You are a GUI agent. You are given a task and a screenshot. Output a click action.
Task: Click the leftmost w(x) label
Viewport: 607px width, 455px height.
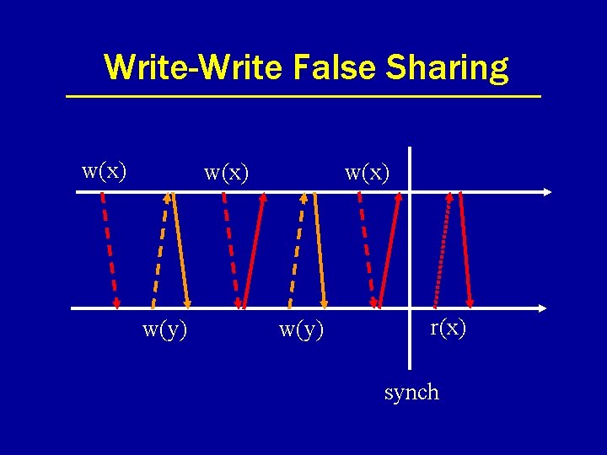pyautogui.click(x=105, y=171)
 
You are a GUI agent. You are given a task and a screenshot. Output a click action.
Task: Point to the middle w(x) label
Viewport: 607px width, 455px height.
pyautogui.click(x=227, y=173)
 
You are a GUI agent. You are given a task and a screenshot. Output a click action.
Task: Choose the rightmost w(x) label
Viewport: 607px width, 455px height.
pyautogui.click(x=368, y=173)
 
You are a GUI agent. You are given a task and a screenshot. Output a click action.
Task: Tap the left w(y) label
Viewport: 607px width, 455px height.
pyautogui.click(x=165, y=329)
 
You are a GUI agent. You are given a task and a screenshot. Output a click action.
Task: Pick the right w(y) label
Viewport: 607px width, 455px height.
pyautogui.click(x=302, y=329)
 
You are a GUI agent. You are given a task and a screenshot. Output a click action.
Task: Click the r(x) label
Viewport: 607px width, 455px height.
pyautogui.click(x=448, y=327)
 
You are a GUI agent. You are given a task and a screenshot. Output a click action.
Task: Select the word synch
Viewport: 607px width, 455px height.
pyautogui.click(x=411, y=392)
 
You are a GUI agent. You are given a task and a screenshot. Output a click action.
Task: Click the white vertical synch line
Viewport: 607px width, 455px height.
pyautogui.click(x=410, y=253)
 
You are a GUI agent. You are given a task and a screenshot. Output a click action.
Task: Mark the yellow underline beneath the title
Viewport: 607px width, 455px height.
pyautogui.click(x=303, y=97)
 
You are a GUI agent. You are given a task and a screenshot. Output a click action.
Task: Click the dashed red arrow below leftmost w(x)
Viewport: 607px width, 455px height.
pyautogui.click(x=110, y=250)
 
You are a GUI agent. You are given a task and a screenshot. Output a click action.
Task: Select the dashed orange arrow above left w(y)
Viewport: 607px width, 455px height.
pyautogui.click(x=160, y=250)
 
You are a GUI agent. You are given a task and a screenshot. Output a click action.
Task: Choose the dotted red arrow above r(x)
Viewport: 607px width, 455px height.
pyautogui.click(x=442, y=250)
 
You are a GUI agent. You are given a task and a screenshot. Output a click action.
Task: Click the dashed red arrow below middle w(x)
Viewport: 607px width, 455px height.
pyautogui.click(x=232, y=250)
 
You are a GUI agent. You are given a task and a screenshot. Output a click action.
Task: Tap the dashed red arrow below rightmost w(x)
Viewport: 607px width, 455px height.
pyautogui.click(x=367, y=250)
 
